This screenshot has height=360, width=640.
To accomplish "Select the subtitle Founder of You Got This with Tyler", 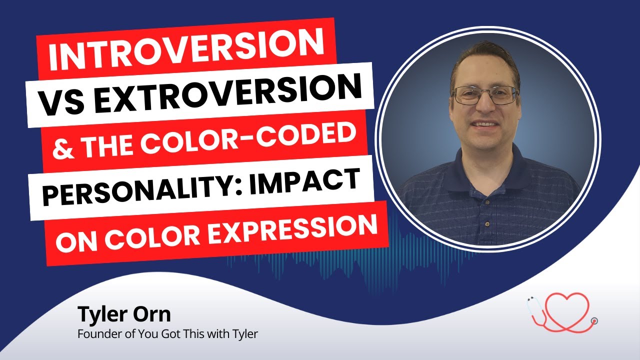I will (x=167, y=334).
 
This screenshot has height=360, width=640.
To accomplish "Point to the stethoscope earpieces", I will (x=531, y=301).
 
